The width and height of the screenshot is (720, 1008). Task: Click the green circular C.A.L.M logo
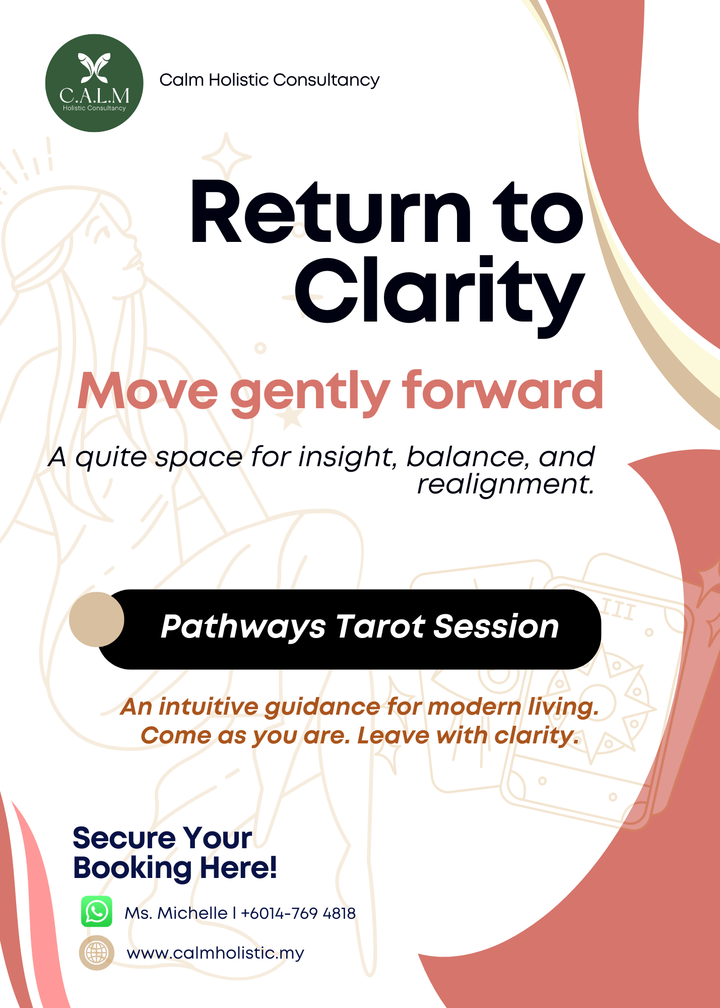coord(94,83)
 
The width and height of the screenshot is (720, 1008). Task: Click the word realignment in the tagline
coord(505,484)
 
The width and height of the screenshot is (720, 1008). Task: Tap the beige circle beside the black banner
coord(97,619)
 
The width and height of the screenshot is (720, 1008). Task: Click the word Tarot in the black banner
coord(380,626)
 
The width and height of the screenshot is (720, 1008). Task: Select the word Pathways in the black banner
coord(243,627)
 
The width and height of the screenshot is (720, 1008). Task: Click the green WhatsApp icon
coord(97,911)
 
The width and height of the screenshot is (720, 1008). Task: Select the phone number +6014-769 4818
coord(298,913)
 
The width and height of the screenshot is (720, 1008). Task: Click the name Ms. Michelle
coord(176,913)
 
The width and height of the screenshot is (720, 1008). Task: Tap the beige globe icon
coord(96,953)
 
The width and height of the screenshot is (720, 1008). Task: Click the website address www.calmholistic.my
coord(215,953)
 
